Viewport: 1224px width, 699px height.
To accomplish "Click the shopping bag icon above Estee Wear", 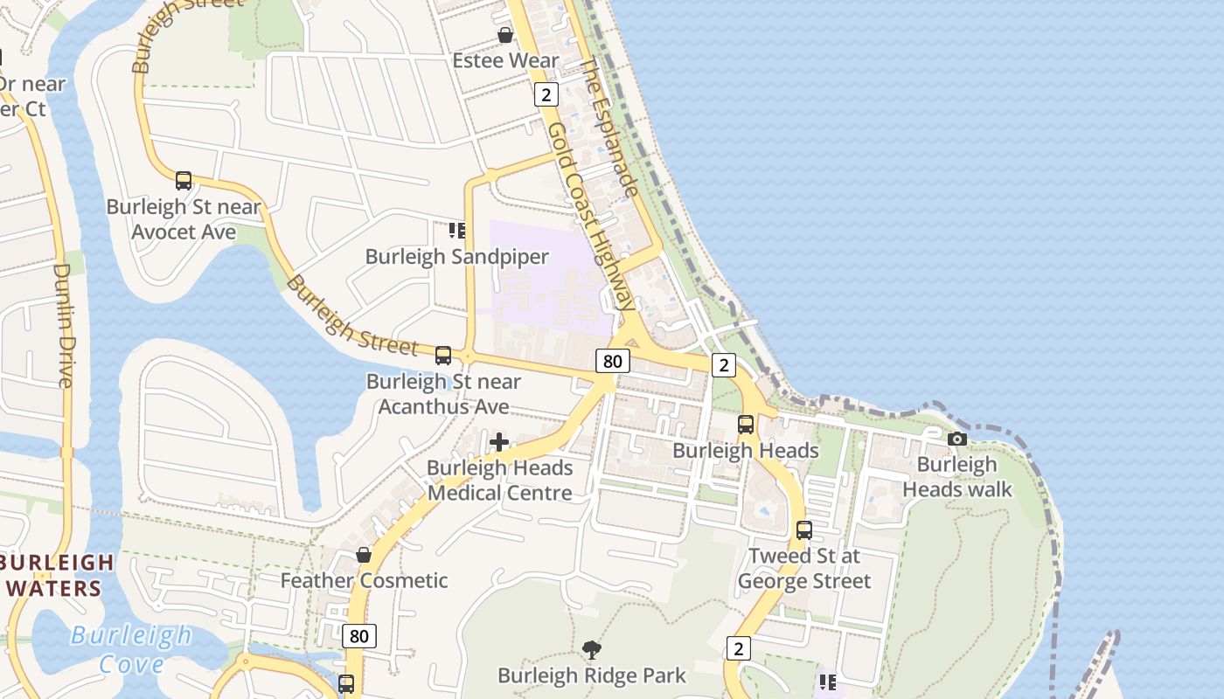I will pos(505,35).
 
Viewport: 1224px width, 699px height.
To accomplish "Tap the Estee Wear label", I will pos(505,60).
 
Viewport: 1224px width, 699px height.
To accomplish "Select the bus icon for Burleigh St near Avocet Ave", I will pos(184,181).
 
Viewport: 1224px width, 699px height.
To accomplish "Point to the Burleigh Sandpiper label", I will pos(456,257).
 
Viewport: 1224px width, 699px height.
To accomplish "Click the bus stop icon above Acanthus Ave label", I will pos(443,356).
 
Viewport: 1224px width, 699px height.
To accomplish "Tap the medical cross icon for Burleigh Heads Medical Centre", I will pos(499,442).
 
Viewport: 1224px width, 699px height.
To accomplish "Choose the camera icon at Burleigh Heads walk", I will pos(957,439).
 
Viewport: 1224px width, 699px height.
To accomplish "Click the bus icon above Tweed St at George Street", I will pos(804,529).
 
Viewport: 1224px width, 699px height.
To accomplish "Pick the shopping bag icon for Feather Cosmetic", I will pos(364,555).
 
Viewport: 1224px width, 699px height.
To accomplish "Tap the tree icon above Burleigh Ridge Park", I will pos(592,649).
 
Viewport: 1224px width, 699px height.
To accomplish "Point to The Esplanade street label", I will pos(610,128).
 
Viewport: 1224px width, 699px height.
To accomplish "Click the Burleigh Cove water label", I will pos(131,649).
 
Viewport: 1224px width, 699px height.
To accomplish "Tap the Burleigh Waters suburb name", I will pos(57,575).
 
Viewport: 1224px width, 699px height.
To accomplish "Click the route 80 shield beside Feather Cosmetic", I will pos(359,636).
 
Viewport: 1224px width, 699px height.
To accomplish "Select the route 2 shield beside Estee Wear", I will pos(546,94).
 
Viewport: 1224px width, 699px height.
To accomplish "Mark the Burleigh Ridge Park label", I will pos(592,676).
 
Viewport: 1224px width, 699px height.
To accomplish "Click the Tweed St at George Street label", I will pos(804,569).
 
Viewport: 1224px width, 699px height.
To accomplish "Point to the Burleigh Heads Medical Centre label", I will pos(499,481).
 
